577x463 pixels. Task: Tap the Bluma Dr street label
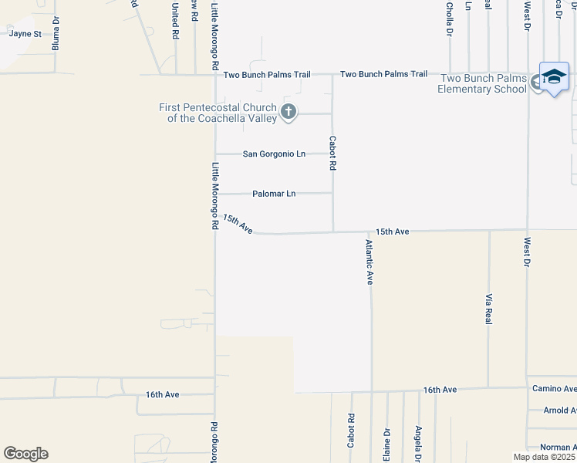click(x=56, y=39)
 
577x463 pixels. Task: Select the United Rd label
click(x=175, y=21)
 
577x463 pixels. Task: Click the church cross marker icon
click(x=288, y=113)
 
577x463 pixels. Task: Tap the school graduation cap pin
click(x=554, y=76)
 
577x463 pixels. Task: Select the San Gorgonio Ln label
click(x=274, y=154)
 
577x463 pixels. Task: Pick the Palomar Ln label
click(x=274, y=194)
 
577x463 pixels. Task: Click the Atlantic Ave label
click(x=370, y=262)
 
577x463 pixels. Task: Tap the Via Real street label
click(x=489, y=308)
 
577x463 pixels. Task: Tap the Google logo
click(x=25, y=454)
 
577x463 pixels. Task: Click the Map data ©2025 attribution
click(x=544, y=457)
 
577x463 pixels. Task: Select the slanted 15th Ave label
click(x=238, y=225)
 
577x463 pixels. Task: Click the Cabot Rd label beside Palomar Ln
click(x=333, y=154)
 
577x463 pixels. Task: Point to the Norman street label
click(x=557, y=448)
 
